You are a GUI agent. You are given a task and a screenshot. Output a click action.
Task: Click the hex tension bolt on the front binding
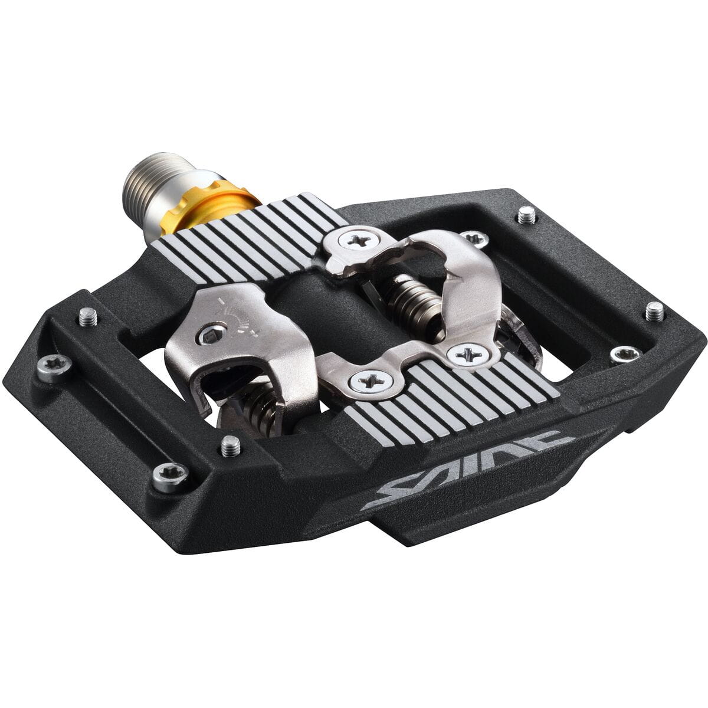point(208,336)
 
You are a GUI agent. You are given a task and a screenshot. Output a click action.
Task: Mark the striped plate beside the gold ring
point(248,236)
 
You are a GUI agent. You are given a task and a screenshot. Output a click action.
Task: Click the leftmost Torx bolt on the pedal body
point(54,367)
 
